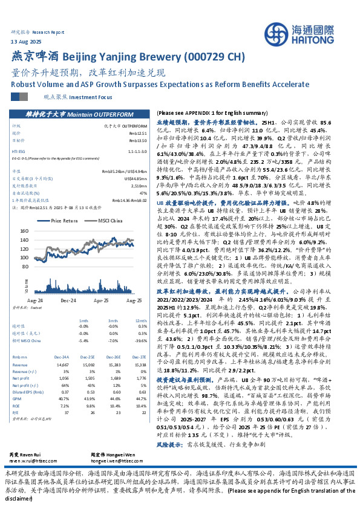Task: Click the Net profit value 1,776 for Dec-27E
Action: (141, 376)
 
